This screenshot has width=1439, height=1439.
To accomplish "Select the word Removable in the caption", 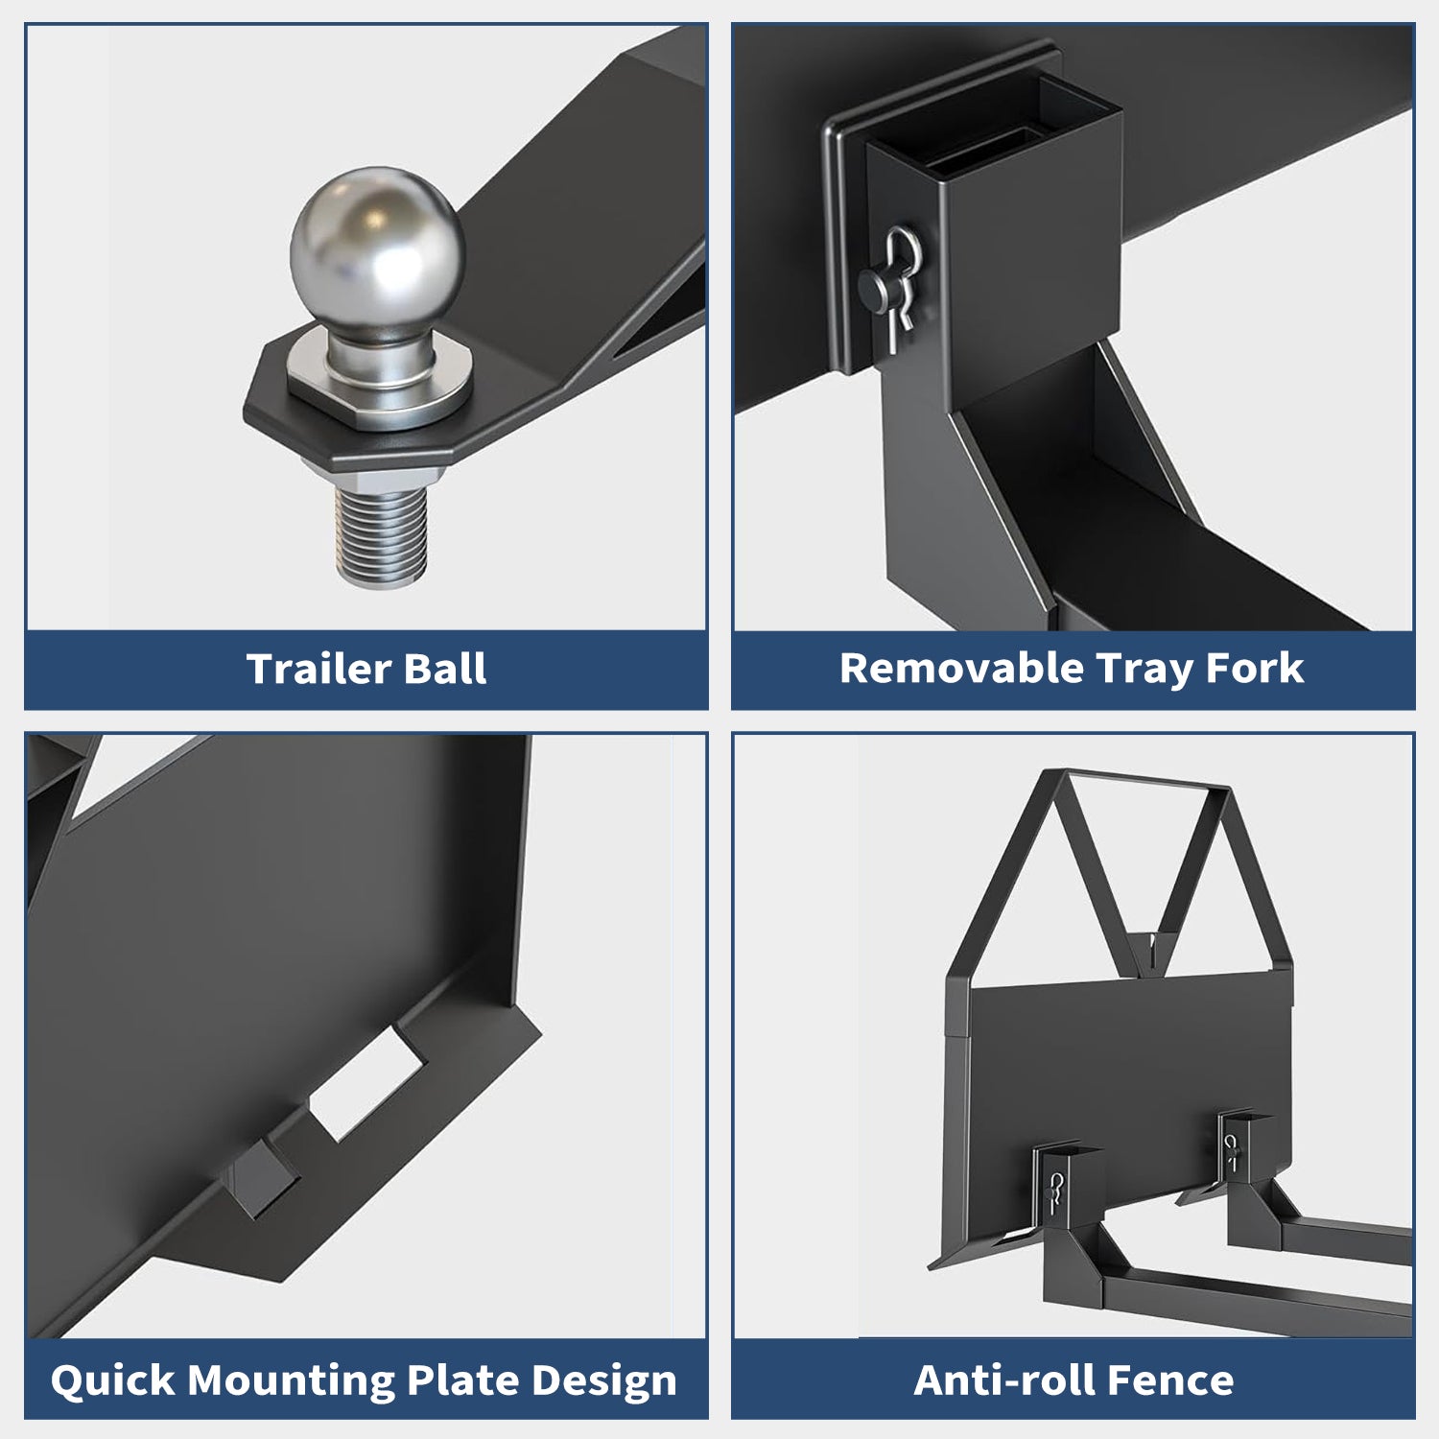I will pyautogui.click(x=961, y=669).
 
